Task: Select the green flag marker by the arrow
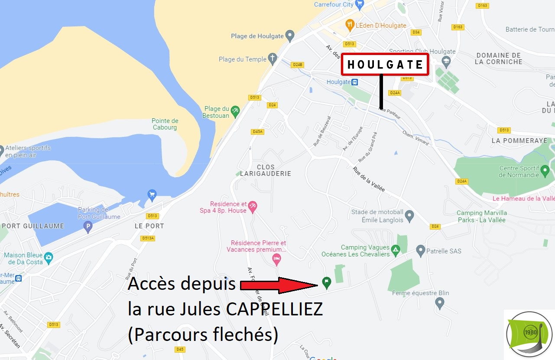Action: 327,282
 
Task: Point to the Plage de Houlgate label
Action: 257,36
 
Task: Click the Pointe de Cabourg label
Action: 165,124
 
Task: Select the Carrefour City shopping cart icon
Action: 359,5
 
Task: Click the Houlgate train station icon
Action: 355,82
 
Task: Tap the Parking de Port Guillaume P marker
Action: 88,226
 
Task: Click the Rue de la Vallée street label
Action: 369,179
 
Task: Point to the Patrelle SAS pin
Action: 420,250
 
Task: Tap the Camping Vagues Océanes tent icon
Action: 395,250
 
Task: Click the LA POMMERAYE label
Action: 519,141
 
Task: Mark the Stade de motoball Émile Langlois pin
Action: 409,215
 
